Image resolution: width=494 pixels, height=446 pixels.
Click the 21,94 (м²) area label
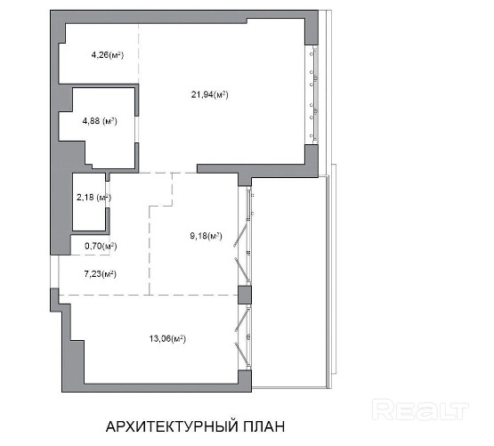[209, 94]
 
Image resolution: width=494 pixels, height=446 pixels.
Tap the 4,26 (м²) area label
[108, 55]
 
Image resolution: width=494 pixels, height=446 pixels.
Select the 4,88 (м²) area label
[100, 121]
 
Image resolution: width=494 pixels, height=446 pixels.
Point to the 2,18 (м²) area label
[93, 198]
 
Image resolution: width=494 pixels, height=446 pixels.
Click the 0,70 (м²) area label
[101, 246]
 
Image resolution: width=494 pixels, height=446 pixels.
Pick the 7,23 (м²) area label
[101, 274]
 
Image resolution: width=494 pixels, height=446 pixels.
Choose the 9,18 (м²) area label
[206, 236]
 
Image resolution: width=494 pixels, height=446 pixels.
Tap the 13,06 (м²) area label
[167, 339]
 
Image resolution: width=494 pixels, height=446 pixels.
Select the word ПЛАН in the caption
[264, 426]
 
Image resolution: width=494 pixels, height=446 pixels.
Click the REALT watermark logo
[420, 410]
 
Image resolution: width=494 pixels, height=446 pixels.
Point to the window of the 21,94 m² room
[313, 94]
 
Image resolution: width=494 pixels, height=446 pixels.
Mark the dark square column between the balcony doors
[245, 295]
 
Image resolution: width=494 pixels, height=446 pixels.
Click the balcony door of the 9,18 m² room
[244, 236]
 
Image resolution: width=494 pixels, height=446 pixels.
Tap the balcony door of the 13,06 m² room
[244, 337]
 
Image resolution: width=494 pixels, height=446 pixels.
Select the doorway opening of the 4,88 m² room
[137, 129]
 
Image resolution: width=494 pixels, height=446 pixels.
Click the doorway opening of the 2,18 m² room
[108, 194]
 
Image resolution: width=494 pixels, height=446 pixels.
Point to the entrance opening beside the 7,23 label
[54, 272]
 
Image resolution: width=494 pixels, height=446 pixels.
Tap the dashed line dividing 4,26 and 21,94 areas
[139, 53]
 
